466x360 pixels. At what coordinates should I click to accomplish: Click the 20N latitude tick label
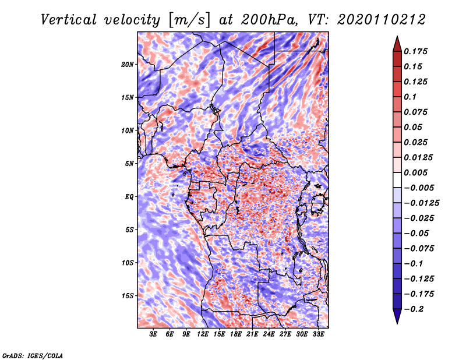pos(128,65)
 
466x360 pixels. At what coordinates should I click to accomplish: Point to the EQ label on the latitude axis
pos(129,197)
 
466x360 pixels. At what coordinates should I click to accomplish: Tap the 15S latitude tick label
pos(128,296)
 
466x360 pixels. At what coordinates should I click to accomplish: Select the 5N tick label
pos(129,164)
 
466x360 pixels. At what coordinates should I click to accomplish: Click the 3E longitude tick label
pos(153,334)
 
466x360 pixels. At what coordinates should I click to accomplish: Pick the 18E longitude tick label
pos(236,334)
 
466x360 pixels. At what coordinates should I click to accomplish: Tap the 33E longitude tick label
pos(318,334)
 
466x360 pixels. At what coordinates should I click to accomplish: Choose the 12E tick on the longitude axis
pos(203,334)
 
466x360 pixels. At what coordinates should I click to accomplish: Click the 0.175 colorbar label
pos(415,51)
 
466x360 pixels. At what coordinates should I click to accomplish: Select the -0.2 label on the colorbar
pos(414,309)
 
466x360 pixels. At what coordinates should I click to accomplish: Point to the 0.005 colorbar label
pos(415,172)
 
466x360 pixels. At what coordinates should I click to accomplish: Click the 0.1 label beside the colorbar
pos(410,97)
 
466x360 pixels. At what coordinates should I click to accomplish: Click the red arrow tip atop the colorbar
pos(397,36)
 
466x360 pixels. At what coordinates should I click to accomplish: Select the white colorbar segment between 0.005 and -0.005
pos(397,180)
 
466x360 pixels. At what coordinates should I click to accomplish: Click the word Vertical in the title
pos(69,20)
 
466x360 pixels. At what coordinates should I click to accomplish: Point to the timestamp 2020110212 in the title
pos(382,20)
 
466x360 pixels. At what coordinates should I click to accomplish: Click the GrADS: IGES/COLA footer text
pos(33,355)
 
